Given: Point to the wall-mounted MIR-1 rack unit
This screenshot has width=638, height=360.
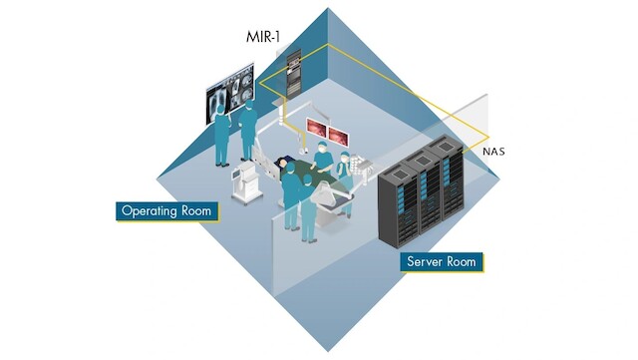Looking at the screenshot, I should [x=292, y=69].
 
